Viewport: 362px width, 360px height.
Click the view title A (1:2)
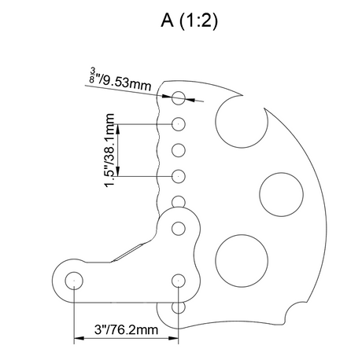pos(189,21)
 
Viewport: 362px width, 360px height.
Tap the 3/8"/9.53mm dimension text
pos(120,80)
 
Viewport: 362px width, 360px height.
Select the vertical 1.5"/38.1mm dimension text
pos(109,150)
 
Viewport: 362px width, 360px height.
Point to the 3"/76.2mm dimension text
pos(126,329)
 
